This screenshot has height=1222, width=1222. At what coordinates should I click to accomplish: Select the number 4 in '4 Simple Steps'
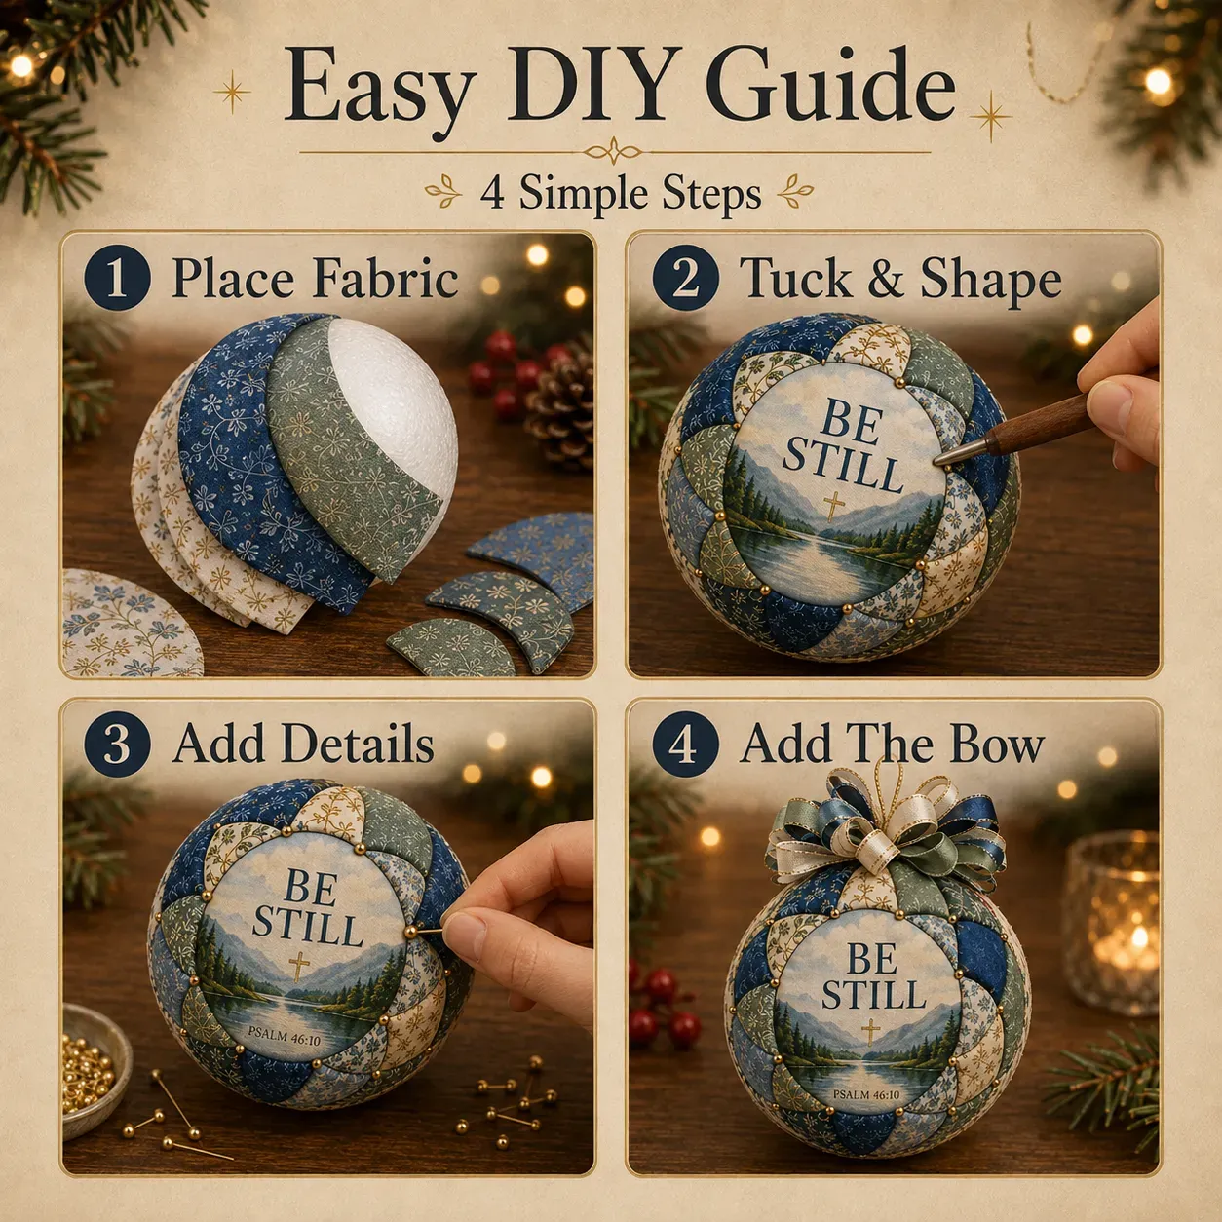tap(492, 193)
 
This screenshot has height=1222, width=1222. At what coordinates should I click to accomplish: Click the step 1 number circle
tap(117, 277)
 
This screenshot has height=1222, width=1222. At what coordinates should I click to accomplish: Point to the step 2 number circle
tap(685, 277)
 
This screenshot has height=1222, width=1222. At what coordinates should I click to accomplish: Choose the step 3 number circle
tap(117, 744)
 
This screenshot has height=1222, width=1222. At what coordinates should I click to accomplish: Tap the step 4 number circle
tap(685, 744)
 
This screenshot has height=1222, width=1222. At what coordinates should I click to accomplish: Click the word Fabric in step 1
tap(386, 278)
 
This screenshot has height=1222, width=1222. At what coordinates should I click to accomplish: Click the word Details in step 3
tap(358, 744)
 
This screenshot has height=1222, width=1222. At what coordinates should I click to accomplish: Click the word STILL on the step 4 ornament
tap(873, 994)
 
